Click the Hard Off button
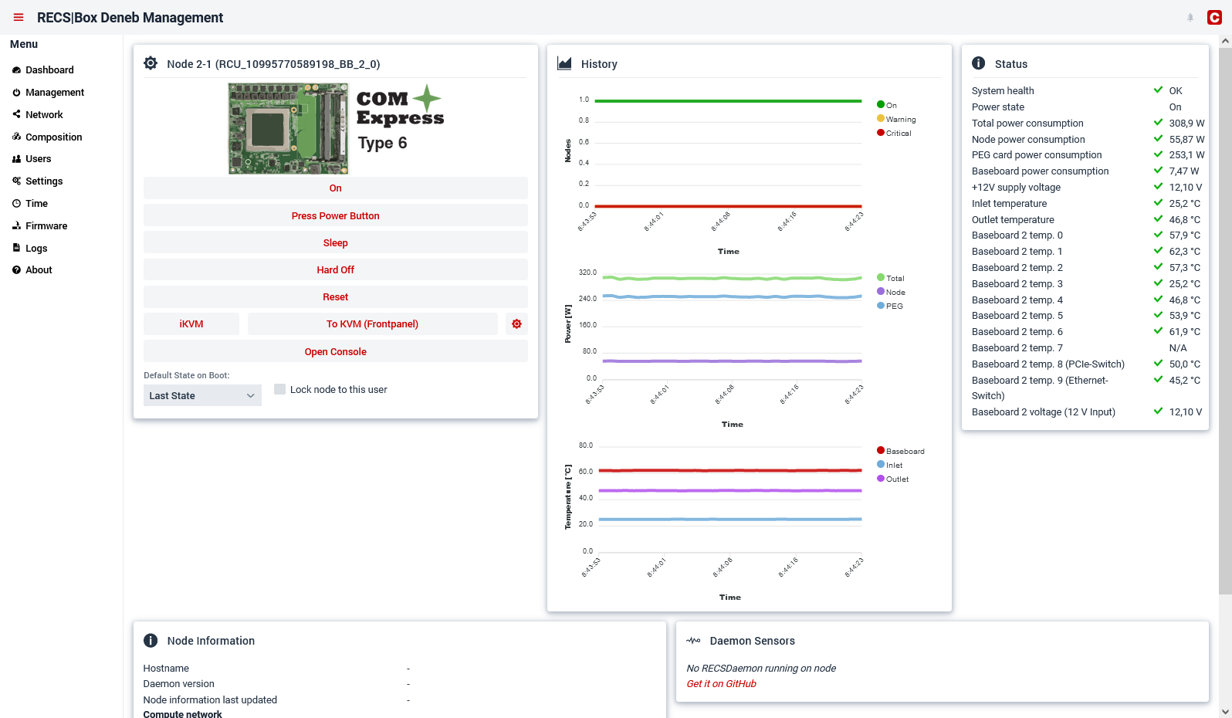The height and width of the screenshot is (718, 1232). click(x=335, y=269)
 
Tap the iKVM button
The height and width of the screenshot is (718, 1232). click(x=191, y=324)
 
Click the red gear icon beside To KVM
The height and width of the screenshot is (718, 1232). click(x=516, y=324)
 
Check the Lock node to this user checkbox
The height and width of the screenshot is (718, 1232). click(x=280, y=389)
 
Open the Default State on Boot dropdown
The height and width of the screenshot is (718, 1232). click(x=202, y=395)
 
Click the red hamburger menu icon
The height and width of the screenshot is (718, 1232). click(x=19, y=18)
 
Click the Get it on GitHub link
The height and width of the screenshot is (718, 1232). click(x=721, y=683)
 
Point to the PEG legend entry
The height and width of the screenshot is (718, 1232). click(x=889, y=306)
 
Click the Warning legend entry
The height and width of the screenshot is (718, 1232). click(x=896, y=119)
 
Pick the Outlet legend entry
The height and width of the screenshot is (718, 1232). click(x=892, y=479)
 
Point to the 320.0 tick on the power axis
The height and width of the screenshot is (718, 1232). click(x=587, y=273)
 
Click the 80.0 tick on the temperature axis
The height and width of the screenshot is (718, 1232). click(x=586, y=445)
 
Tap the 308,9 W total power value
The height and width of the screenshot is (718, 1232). click(x=1186, y=124)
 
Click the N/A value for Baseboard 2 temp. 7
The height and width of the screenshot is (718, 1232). click(x=1177, y=347)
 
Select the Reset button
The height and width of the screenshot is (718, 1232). click(x=335, y=297)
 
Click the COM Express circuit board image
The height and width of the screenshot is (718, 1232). click(x=288, y=128)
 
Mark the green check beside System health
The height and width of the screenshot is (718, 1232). click(x=1158, y=90)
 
